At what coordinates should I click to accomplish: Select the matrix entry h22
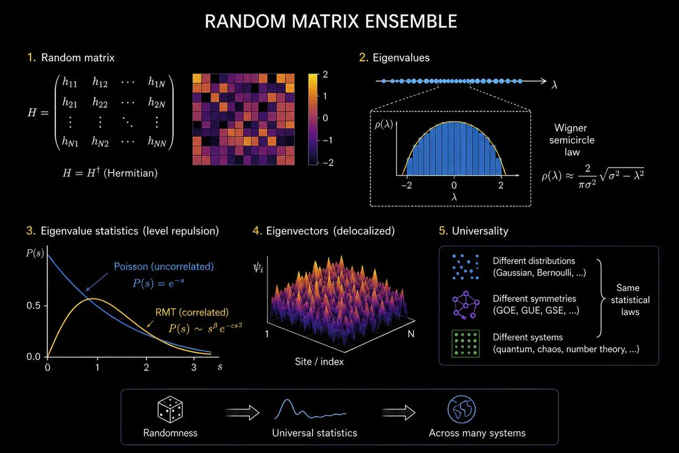(100, 102)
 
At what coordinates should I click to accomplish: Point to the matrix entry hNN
(157, 142)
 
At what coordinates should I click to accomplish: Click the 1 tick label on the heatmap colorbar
(325, 96)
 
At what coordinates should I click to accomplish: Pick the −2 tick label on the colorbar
(328, 163)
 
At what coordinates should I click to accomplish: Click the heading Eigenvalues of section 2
(401, 58)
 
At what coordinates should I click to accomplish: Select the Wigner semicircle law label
(571, 140)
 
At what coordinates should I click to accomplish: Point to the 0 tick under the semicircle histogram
(454, 185)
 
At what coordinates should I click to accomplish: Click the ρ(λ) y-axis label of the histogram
(384, 125)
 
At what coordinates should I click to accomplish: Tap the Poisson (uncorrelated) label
(164, 266)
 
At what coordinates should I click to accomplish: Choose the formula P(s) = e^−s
(158, 283)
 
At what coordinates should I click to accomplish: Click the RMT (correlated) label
(192, 312)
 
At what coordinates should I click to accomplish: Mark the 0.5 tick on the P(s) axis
(33, 306)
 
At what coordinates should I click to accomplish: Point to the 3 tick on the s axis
(194, 367)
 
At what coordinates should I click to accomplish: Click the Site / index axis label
(319, 362)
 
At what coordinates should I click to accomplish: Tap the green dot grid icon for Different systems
(466, 344)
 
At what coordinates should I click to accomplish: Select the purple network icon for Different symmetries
(466, 305)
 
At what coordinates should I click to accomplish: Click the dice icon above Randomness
(170, 409)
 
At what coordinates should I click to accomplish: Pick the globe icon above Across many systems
(461, 409)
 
